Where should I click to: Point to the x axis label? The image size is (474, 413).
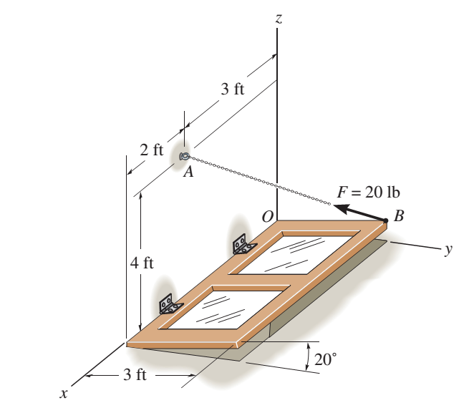click(65, 392)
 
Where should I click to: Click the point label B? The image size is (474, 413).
click(399, 215)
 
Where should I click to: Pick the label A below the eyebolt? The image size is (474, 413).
click(188, 173)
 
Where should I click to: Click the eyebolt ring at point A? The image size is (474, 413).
click(184, 155)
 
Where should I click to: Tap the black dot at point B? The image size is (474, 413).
click(386, 220)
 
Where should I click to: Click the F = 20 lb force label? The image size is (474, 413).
click(368, 192)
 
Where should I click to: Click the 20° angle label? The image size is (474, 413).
click(324, 360)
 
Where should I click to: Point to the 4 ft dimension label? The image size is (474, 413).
click(142, 263)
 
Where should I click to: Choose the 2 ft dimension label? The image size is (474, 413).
click(151, 150)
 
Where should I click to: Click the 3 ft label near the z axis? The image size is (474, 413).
click(232, 90)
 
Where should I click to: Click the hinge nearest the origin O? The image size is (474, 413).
click(243, 244)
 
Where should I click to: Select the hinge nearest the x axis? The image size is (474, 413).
click(170, 304)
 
